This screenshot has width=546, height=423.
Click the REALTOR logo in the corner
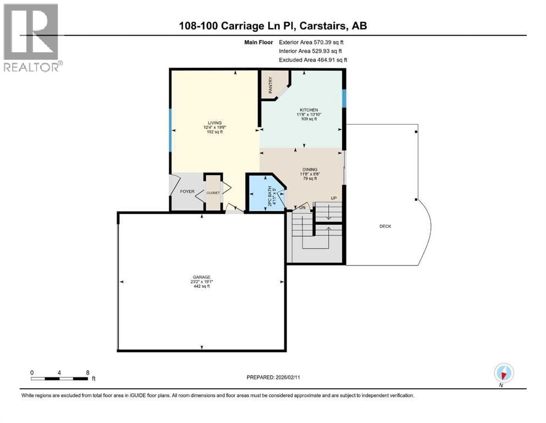(x=32, y=37)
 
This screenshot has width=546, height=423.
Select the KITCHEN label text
(x=308, y=110)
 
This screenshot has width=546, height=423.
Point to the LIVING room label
(x=214, y=123)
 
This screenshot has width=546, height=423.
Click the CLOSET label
(x=213, y=193)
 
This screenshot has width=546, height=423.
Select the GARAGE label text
(x=202, y=277)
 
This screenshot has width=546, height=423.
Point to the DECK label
(x=385, y=226)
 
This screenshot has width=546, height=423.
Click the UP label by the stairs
(x=333, y=198)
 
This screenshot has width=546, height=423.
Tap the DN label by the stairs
(x=302, y=208)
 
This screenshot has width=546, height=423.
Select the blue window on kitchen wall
(x=344, y=99)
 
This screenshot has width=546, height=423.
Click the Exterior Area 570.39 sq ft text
(x=313, y=42)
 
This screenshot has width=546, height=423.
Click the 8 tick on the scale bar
(x=88, y=372)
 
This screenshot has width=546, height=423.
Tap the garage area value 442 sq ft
(x=202, y=286)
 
